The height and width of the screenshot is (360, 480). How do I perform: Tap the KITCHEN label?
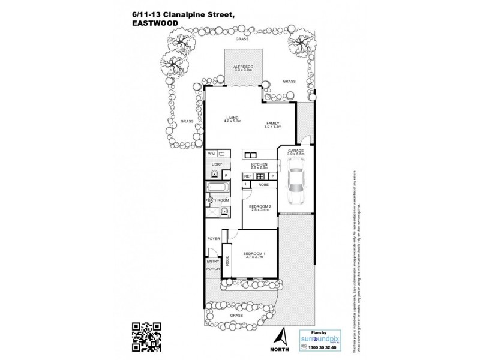259,165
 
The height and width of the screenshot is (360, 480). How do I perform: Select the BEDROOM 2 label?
261,208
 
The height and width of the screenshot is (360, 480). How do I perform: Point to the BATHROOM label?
218,200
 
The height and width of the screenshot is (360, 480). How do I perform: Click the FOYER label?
213,239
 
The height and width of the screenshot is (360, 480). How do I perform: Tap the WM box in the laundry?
211,154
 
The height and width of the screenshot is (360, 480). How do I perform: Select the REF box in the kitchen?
247,176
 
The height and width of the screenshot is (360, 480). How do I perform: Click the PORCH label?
213,268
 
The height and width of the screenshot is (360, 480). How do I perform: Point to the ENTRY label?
213,261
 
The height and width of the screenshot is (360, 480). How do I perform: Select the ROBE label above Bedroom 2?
263,185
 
